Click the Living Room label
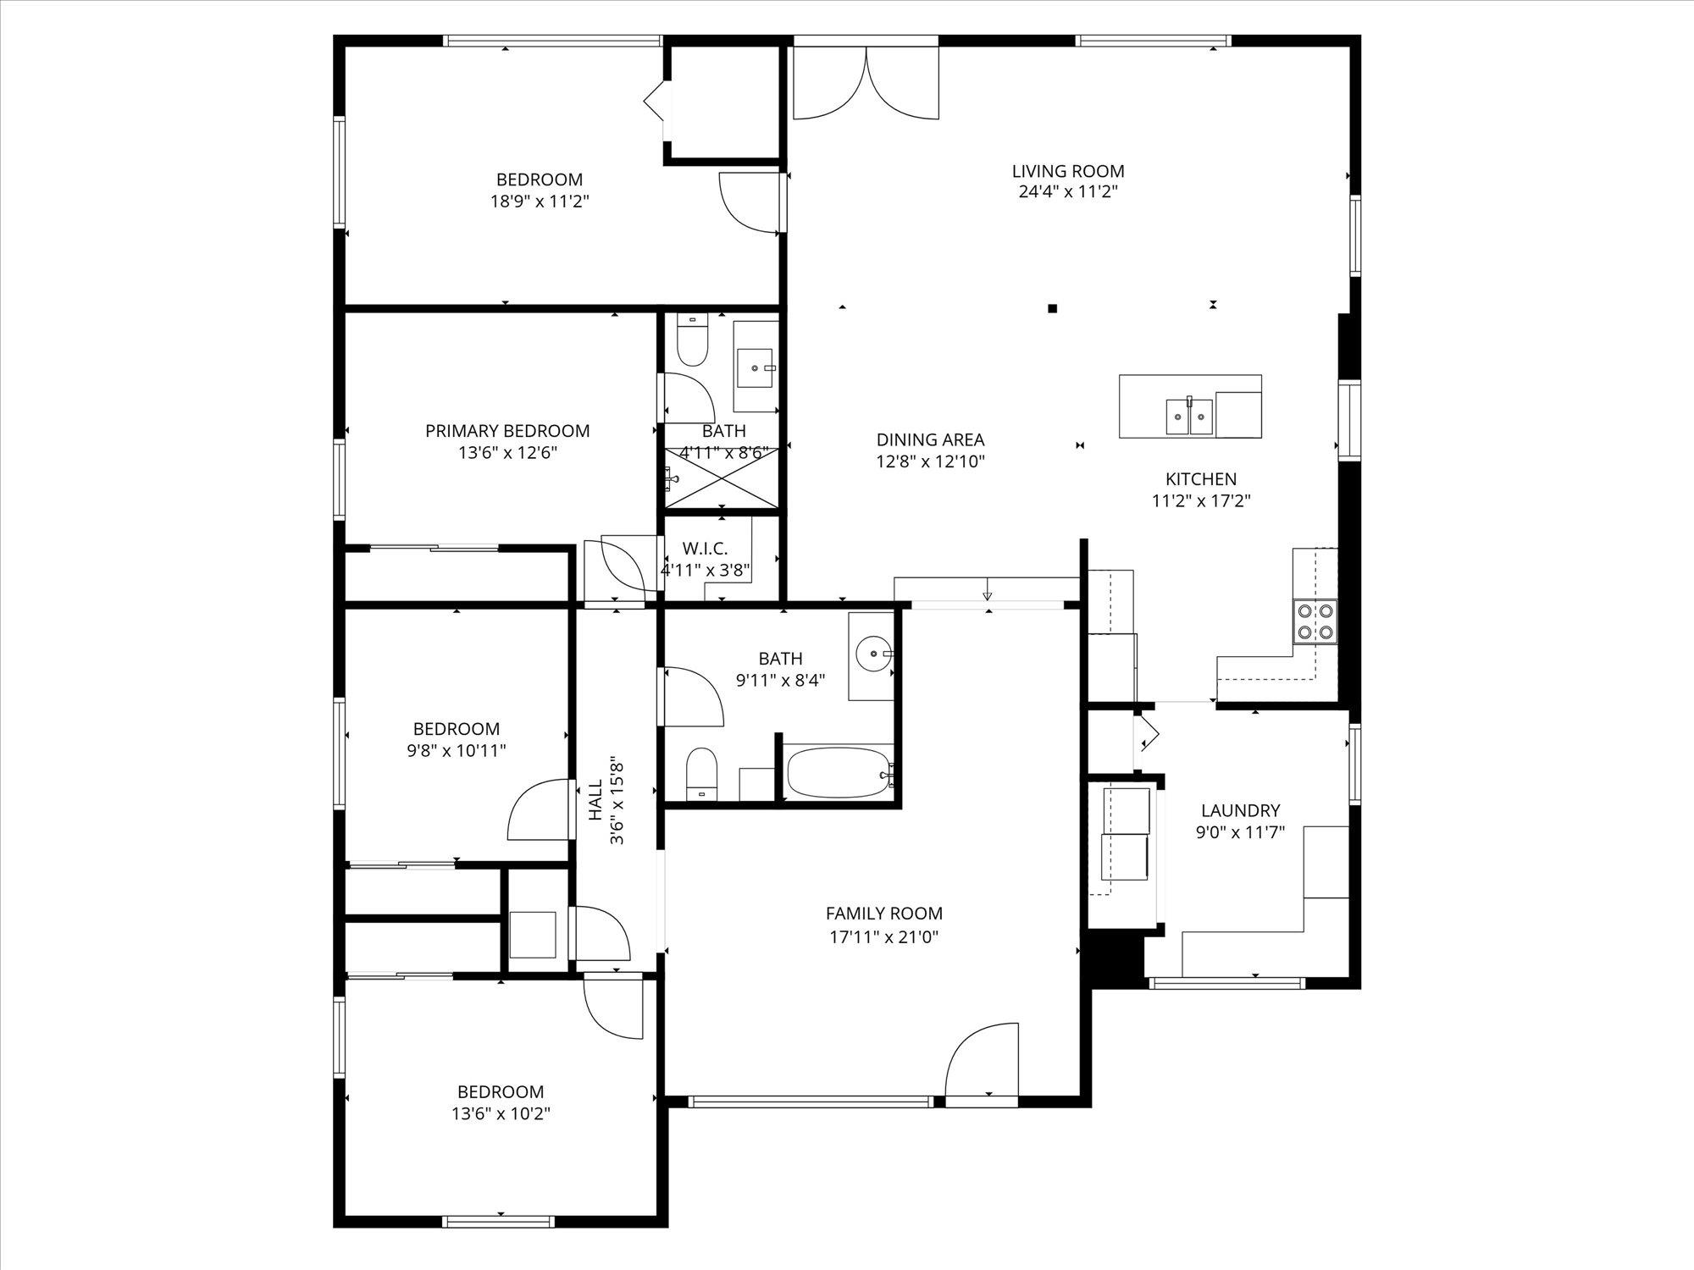coord(1068,171)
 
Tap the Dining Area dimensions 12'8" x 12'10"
coord(930,461)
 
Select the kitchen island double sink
coord(1190,415)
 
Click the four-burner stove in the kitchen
coord(1315,621)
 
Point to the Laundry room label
coord(1240,810)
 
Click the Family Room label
coord(884,914)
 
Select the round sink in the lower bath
coord(872,654)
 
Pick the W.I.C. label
coord(706,549)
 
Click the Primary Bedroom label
coord(507,431)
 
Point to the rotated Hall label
coord(595,800)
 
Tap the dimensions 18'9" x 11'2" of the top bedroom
coord(540,202)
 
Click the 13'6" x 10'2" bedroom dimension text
coord(501,1113)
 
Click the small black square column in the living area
coord(1053,308)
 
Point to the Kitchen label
coord(1201,479)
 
